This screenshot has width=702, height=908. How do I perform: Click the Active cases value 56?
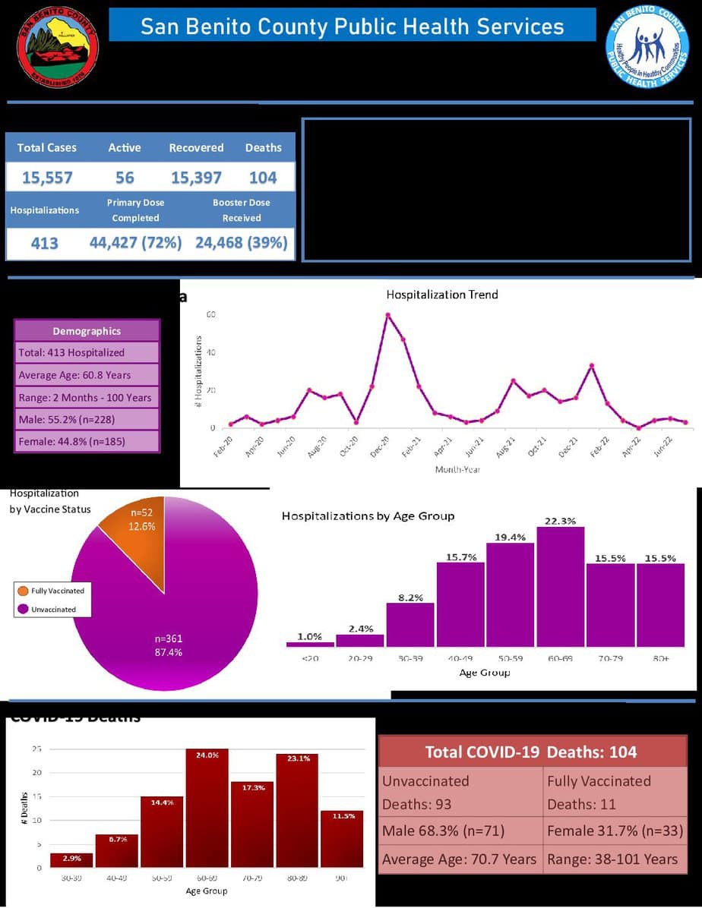point(125,178)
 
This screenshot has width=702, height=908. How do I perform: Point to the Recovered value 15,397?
point(196,178)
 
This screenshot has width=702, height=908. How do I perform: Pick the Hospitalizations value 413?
point(44,244)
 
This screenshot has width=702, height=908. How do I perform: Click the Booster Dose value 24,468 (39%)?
point(242,243)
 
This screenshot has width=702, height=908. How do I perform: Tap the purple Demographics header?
point(87,331)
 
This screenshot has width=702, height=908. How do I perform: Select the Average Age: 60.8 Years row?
point(87,374)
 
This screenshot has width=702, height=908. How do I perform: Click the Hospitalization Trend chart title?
point(442,295)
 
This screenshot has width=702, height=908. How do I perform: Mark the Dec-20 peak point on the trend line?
point(387,315)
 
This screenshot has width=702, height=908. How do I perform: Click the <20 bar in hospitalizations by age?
point(310,645)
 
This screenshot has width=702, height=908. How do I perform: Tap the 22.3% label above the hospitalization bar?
point(560,521)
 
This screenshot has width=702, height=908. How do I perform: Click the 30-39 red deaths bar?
point(71,859)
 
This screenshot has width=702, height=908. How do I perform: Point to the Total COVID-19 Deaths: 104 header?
point(531,752)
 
